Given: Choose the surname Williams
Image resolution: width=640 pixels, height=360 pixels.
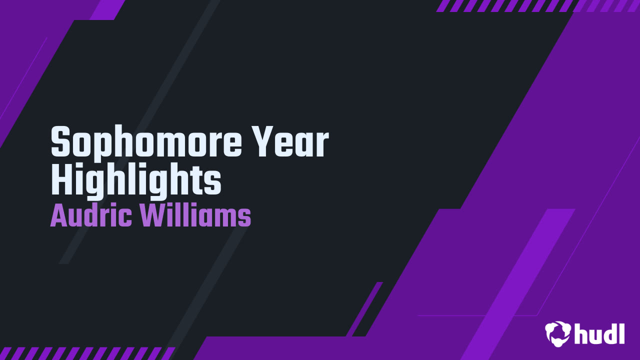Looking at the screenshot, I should point(195,216).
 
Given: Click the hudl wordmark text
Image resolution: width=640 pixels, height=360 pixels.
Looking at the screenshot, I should point(599,332).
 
